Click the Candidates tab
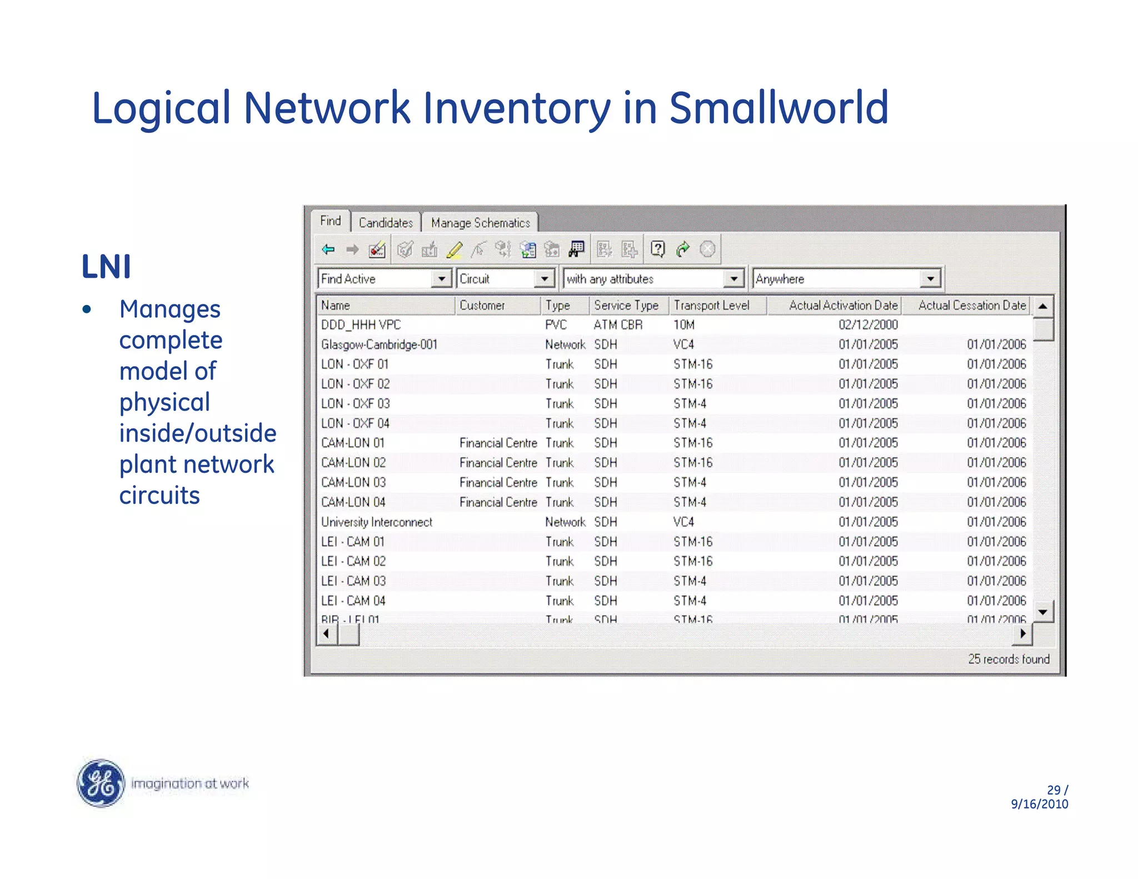[386, 223]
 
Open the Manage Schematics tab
[480, 223]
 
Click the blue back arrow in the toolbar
[328, 249]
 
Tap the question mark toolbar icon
[657, 249]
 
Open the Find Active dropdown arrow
[441, 278]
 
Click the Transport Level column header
[712, 305]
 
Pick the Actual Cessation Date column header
[971, 305]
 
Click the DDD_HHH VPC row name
[361, 324]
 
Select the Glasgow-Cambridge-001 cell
[379, 344]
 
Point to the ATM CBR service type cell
[618, 324]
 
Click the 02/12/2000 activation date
[868, 324]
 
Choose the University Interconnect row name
[376, 522]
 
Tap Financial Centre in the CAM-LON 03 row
[498, 482]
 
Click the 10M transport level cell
[684, 324]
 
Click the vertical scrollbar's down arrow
[1043, 612]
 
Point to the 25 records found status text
[1009, 659]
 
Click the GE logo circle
[101, 783]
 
